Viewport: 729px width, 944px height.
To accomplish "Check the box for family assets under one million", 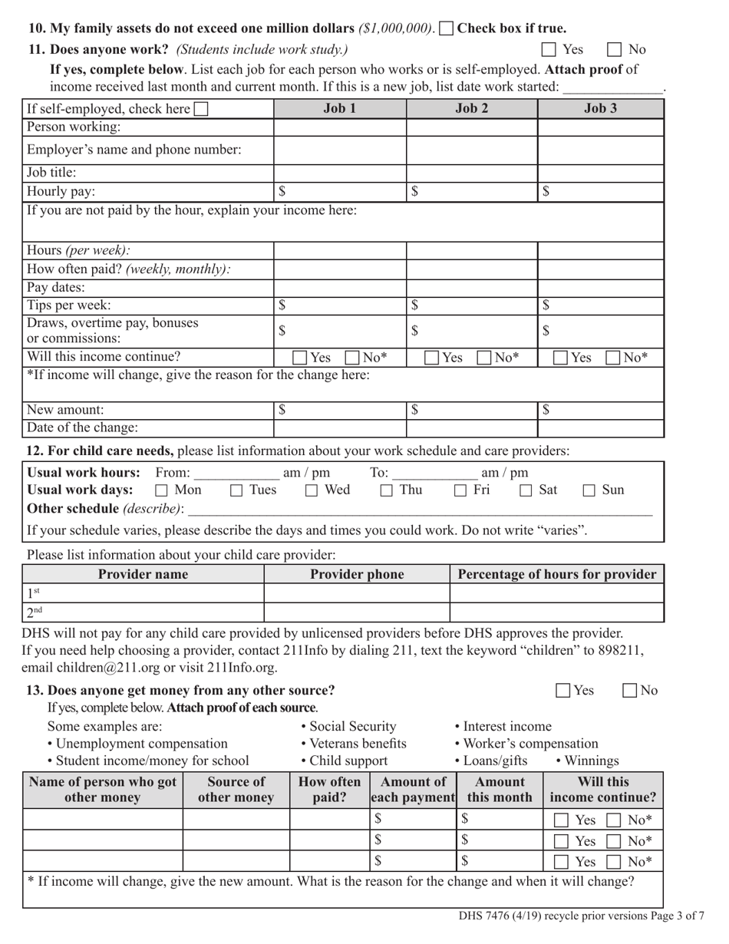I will (446, 29).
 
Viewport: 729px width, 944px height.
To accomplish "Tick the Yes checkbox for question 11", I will (549, 50).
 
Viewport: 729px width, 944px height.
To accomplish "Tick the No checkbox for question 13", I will (629, 691).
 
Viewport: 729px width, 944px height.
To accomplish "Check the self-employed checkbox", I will (201, 110).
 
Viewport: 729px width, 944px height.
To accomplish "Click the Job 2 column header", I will (471, 109).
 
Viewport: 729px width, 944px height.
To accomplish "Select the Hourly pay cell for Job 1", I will (339, 192).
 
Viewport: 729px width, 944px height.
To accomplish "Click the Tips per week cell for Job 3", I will (600, 305).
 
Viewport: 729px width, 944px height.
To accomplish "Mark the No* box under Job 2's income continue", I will (485, 358).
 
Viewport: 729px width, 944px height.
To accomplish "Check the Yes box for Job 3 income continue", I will (562, 358).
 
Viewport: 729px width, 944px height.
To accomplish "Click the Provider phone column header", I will (357, 574).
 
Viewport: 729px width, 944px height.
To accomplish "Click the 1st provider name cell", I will (143, 593).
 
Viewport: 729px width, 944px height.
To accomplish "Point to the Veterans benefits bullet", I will (353, 743).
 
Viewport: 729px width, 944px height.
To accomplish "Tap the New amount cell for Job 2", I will (471, 411).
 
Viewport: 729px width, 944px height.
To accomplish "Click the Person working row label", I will (74, 127).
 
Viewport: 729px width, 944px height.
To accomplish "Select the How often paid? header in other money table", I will (329, 789).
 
